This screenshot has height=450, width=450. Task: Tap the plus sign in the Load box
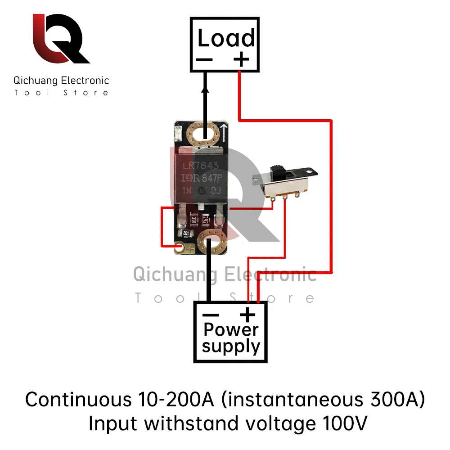point(242,59)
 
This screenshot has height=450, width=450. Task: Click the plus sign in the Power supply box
point(247,314)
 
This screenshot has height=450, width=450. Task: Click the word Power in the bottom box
point(231,329)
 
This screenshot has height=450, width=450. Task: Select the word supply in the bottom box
point(231,347)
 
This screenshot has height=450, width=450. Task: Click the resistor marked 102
point(185,233)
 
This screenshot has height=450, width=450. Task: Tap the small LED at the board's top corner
point(177,132)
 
